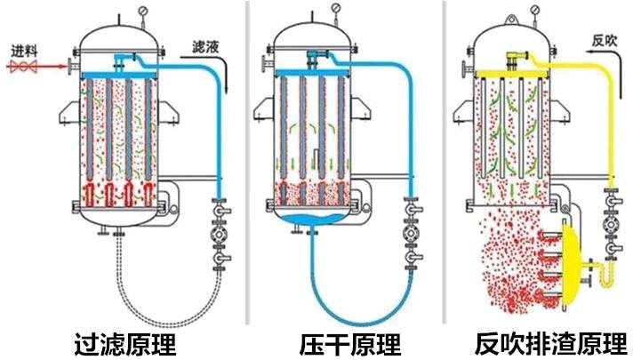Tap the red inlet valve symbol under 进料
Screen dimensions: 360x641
pyautogui.click(x=23, y=65)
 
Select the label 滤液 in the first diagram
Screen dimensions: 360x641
pyautogui.click(x=208, y=45)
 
